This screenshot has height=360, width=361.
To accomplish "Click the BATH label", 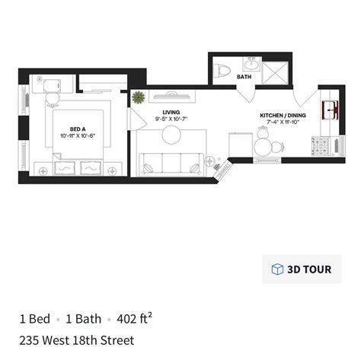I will pyautogui.click(x=244, y=77).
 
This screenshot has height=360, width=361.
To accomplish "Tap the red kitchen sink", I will pyautogui.click(x=331, y=110).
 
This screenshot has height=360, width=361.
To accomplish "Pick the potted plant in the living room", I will pyautogui.click(x=139, y=97).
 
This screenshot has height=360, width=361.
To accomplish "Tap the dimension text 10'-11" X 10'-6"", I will pyautogui.click(x=77, y=136).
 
